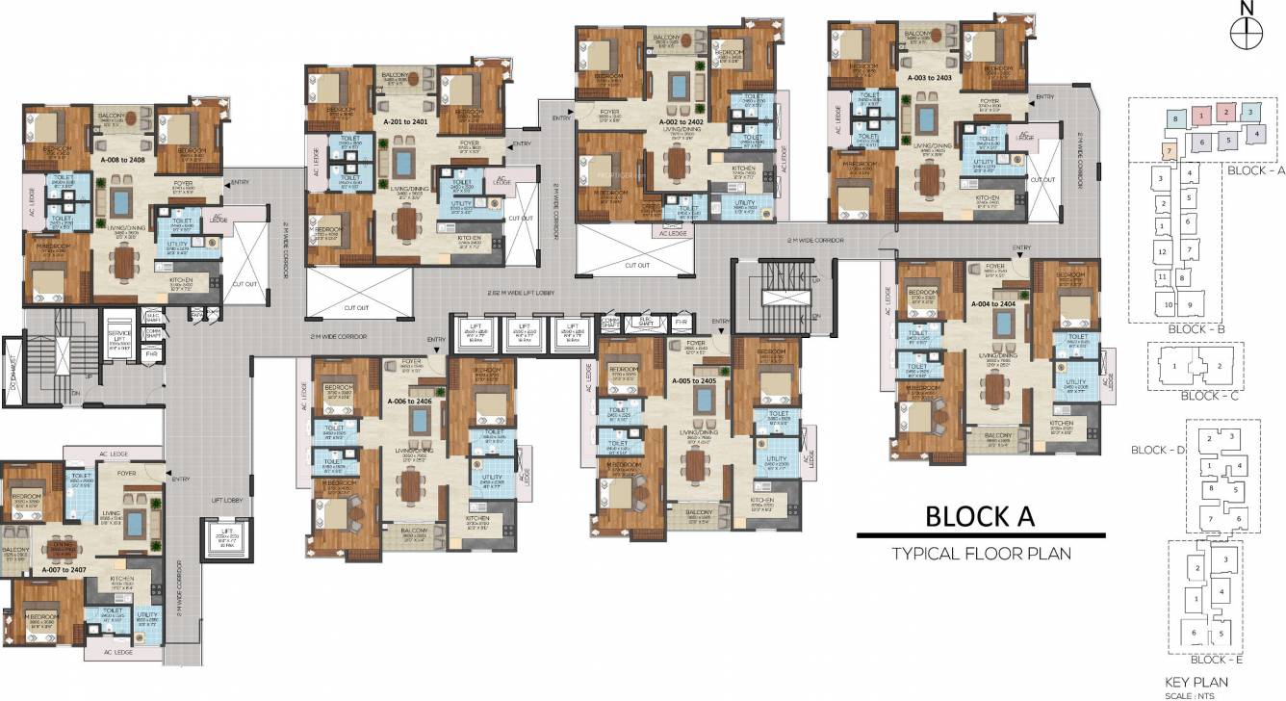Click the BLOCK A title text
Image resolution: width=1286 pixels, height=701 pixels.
coord(980,516)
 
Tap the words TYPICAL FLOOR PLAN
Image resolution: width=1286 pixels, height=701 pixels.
coord(981,553)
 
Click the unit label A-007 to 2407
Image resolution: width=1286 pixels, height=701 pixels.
coord(64,569)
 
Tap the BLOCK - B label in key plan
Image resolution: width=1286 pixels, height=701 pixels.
coord(1195,328)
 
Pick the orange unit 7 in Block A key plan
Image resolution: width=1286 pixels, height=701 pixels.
coord(1169,151)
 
